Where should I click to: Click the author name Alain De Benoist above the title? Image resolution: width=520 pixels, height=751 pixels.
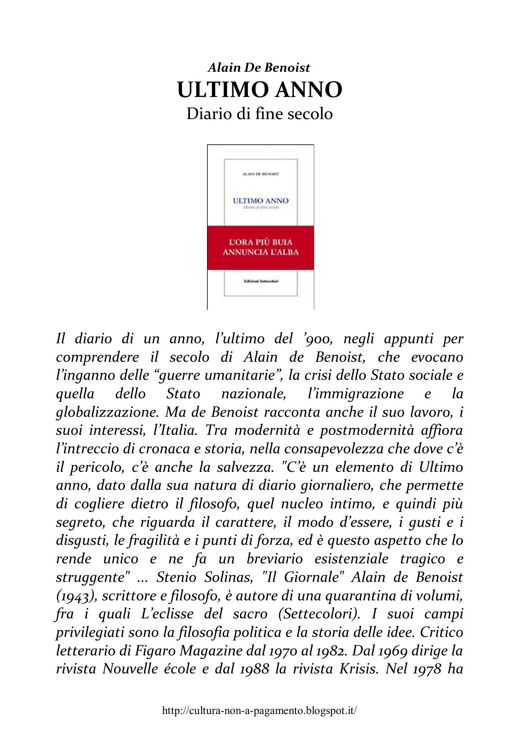pyautogui.click(x=259, y=68)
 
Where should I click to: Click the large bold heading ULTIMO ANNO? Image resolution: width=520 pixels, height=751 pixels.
pyautogui.click(x=260, y=90)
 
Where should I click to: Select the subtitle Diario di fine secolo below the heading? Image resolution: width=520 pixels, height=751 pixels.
pyautogui.click(x=260, y=113)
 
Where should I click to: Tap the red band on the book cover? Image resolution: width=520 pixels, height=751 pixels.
pyautogui.click(x=261, y=247)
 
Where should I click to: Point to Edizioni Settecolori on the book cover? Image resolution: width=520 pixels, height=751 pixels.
pyautogui.click(x=261, y=281)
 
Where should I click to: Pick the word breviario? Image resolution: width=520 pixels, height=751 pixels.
pyautogui.click(x=273, y=559)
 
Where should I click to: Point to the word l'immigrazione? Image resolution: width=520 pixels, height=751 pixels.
pyautogui.click(x=355, y=394)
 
